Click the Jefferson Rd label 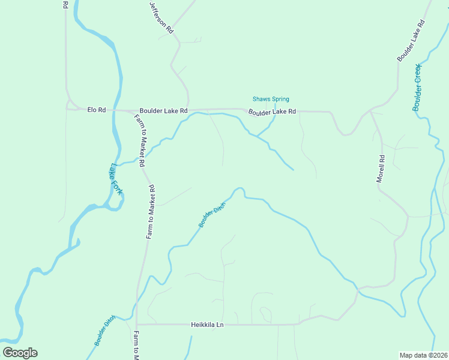coord(161,17)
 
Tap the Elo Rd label coord(96,110)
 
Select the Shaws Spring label coord(270,99)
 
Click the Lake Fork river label coord(115,179)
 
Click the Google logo coord(20,353)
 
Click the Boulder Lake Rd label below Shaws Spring coord(273,112)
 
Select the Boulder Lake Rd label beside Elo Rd coord(163,111)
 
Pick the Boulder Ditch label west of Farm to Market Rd coord(104,330)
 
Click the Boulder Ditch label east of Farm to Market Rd coord(212,215)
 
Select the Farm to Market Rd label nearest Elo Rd coord(139,140)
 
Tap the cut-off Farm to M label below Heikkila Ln coord(136,344)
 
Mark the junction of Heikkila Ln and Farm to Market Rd coord(136,325)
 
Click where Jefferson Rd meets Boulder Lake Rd coord(188,110)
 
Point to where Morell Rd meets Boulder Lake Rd coord(370,112)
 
